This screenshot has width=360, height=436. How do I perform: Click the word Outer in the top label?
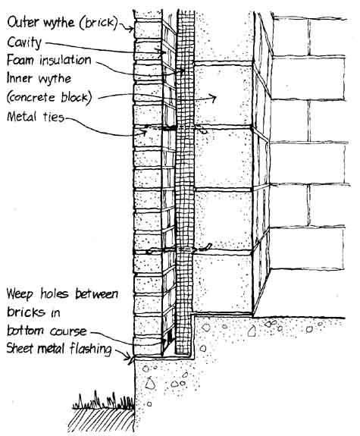click(x=23, y=22)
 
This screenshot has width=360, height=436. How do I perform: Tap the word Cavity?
click(x=24, y=42)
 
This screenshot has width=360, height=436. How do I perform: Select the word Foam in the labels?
click(x=21, y=60)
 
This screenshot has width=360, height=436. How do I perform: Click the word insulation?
click(x=65, y=60)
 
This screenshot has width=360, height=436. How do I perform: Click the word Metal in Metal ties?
click(x=22, y=116)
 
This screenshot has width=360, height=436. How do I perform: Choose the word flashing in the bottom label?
click(x=91, y=349)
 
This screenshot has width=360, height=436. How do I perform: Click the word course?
click(x=68, y=331)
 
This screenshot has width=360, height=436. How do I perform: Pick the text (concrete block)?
click(x=49, y=97)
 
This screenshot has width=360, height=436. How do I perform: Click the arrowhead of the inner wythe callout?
click(x=214, y=98)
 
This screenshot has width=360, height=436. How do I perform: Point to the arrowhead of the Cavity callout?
click(x=161, y=52)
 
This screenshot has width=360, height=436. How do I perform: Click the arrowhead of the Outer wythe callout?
click(x=130, y=29)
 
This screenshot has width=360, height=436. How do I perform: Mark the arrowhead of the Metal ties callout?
click(x=144, y=132)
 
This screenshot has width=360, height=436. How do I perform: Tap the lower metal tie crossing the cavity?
click(x=178, y=249)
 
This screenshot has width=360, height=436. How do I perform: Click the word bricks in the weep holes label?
click(x=26, y=312)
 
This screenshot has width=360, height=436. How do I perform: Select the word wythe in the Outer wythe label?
click(x=58, y=22)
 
